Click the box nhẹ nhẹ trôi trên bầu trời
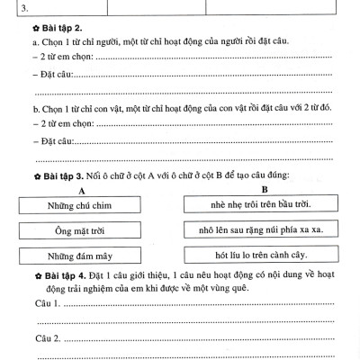264,206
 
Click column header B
264,190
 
